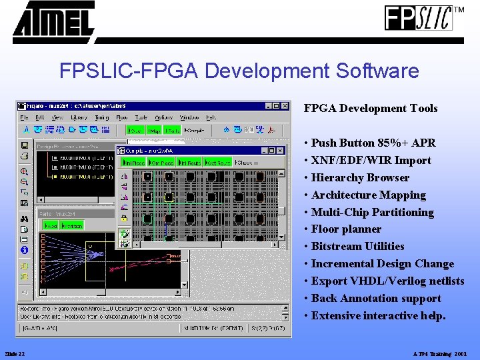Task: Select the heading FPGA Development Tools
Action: (x=371, y=108)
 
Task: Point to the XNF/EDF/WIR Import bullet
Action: (x=371, y=160)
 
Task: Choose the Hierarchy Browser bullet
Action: (x=360, y=177)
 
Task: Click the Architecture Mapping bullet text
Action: (x=368, y=195)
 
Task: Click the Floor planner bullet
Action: (x=346, y=229)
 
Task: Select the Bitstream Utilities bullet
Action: (x=357, y=247)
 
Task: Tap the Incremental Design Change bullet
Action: (x=382, y=264)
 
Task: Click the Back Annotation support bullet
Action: (x=376, y=299)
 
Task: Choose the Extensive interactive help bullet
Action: (x=378, y=316)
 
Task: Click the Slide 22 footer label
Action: (x=15, y=353)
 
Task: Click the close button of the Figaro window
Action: (x=285, y=105)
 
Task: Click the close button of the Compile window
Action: (x=281, y=151)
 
